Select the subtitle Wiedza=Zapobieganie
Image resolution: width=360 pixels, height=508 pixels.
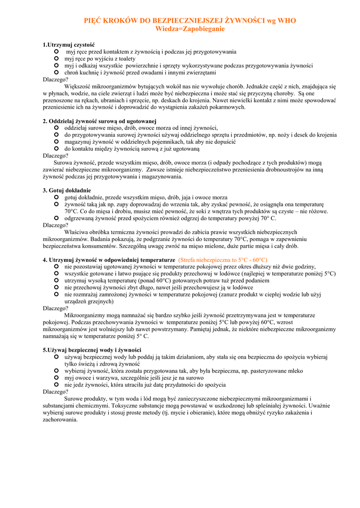190,29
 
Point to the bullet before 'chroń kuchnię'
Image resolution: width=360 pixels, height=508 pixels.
56,72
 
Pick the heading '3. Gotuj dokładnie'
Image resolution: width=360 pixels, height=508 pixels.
67,190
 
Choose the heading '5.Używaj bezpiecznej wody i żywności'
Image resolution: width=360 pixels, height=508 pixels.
92,350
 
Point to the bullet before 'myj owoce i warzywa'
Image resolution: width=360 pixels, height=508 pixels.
56,378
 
